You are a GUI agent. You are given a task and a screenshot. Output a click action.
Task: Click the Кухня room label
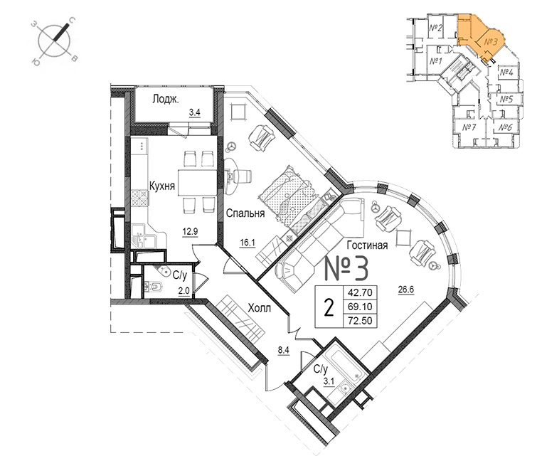(x=162, y=186)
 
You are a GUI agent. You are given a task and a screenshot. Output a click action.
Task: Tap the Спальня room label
(x=245, y=213)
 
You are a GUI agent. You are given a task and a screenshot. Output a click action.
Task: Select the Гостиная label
(x=367, y=245)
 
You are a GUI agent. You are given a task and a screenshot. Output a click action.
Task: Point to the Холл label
(x=259, y=308)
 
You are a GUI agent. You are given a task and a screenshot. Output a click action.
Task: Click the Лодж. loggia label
(x=166, y=100)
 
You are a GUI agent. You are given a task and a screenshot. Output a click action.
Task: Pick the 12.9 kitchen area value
(x=190, y=232)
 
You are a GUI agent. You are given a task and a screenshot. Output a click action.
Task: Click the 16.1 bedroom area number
(x=248, y=243)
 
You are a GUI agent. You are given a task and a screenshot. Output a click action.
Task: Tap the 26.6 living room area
(x=406, y=290)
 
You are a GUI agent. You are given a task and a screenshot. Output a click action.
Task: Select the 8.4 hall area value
(x=284, y=350)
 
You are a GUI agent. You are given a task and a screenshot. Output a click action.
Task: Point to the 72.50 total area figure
(x=360, y=321)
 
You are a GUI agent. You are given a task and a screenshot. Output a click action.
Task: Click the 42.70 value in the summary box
(x=360, y=293)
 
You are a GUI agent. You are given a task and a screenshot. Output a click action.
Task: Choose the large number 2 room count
(x=329, y=307)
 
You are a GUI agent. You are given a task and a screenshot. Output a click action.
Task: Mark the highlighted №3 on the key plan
(x=491, y=42)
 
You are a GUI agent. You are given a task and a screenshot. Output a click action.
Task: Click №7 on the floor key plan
(x=469, y=128)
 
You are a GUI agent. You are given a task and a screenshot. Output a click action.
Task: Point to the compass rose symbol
(x=55, y=42)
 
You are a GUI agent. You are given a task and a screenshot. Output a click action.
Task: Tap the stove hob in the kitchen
(x=139, y=198)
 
